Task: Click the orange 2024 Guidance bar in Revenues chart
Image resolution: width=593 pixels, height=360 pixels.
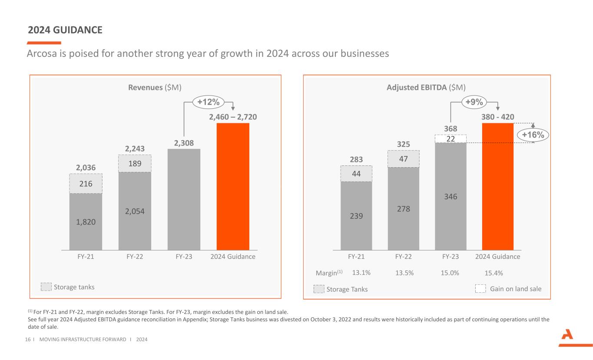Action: tap(233, 186)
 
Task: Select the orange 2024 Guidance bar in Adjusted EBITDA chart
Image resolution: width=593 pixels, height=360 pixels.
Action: tap(497, 186)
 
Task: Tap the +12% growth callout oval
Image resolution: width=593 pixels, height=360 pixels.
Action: tap(208, 102)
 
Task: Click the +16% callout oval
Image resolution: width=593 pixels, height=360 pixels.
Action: tap(533, 135)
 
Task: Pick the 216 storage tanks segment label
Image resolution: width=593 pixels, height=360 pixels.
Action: tap(86, 184)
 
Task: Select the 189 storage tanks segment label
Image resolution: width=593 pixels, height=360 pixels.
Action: tap(135, 164)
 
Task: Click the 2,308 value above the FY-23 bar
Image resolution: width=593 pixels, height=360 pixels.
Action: tap(184, 143)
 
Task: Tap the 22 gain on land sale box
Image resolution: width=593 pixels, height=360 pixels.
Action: tap(451, 139)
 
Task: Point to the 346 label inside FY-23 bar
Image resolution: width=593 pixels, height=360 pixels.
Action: tap(451, 197)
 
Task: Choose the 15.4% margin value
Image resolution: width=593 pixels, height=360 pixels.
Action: tap(494, 273)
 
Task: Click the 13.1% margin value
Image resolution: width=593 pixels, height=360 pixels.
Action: tap(361, 273)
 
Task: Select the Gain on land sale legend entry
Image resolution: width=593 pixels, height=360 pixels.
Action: tap(509, 289)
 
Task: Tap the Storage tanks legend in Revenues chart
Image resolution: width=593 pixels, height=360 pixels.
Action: tap(68, 287)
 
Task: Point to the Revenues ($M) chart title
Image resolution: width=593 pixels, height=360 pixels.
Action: tap(155, 87)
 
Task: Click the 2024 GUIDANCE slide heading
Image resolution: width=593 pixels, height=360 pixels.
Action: tap(65, 30)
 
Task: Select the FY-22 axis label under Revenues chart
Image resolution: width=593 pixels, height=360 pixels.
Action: tap(135, 257)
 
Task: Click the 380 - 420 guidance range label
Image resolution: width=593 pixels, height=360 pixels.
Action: tap(498, 117)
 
